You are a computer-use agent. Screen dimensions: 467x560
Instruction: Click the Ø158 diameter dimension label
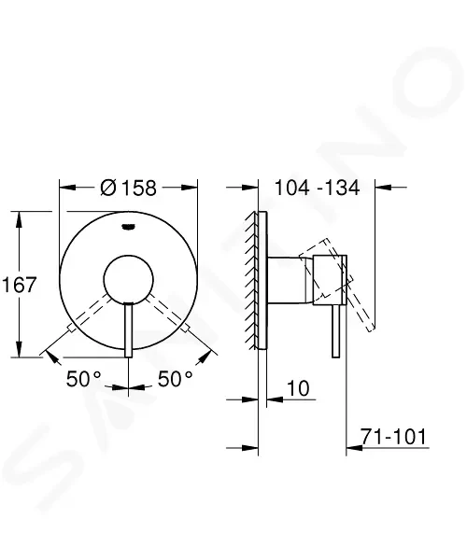click(128, 188)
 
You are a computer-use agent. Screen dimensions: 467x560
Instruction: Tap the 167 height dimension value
click(20, 285)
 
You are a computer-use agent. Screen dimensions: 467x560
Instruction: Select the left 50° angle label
click(84, 379)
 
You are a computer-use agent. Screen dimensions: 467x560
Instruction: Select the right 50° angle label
click(175, 379)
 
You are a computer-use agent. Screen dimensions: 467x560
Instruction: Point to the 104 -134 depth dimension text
click(317, 188)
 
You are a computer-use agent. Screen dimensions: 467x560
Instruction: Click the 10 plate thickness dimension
click(298, 388)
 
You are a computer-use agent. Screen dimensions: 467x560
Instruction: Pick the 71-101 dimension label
click(393, 437)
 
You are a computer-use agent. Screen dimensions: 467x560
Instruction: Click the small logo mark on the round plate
click(128, 227)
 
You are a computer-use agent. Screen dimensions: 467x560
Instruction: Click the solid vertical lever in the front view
click(129, 330)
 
